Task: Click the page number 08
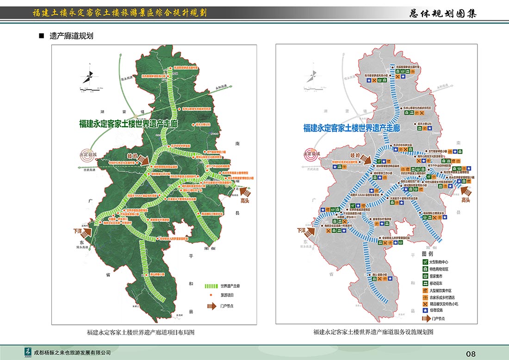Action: click(x=471, y=354)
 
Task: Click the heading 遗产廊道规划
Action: click(x=71, y=36)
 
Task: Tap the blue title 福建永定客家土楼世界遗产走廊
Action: click(x=352, y=128)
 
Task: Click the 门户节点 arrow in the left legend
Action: click(x=211, y=306)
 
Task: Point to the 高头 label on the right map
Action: click(x=466, y=200)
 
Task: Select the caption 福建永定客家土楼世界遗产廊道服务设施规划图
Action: click(x=373, y=332)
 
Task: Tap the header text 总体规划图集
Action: click(x=443, y=13)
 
